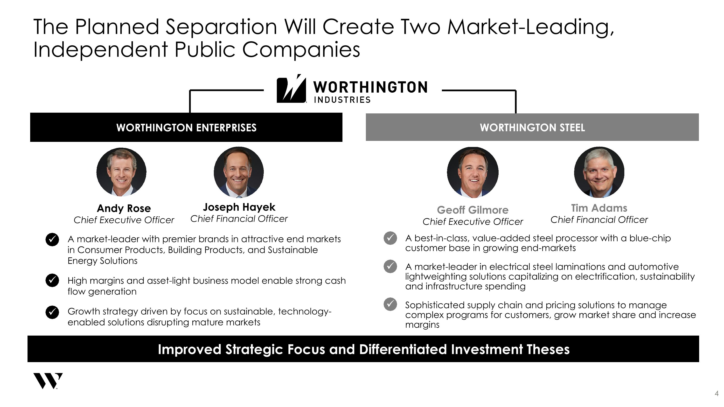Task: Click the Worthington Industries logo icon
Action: click(x=291, y=89)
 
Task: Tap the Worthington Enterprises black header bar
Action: click(x=186, y=127)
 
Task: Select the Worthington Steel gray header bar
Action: click(x=532, y=127)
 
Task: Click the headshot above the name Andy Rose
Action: click(x=121, y=172)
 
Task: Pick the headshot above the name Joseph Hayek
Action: click(x=239, y=172)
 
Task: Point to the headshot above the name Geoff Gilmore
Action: click(x=473, y=172)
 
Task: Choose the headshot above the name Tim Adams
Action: click(x=599, y=172)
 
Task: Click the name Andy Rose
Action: click(x=124, y=208)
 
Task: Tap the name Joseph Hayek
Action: click(x=239, y=207)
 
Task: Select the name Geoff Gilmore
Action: click(x=473, y=210)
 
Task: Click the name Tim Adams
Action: click(x=599, y=208)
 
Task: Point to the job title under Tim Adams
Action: click(x=599, y=220)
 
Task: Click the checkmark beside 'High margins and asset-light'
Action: click(x=52, y=280)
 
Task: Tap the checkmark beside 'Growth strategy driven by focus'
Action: click(x=52, y=312)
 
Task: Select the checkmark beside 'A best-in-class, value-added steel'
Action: click(x=390, y=238)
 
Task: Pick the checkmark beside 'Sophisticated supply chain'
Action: click(x=390, y=304)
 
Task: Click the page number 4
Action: click(x=717, y=393)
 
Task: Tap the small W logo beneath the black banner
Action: click(x=48, y=381)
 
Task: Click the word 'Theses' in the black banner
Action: click(x=548, y=349)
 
